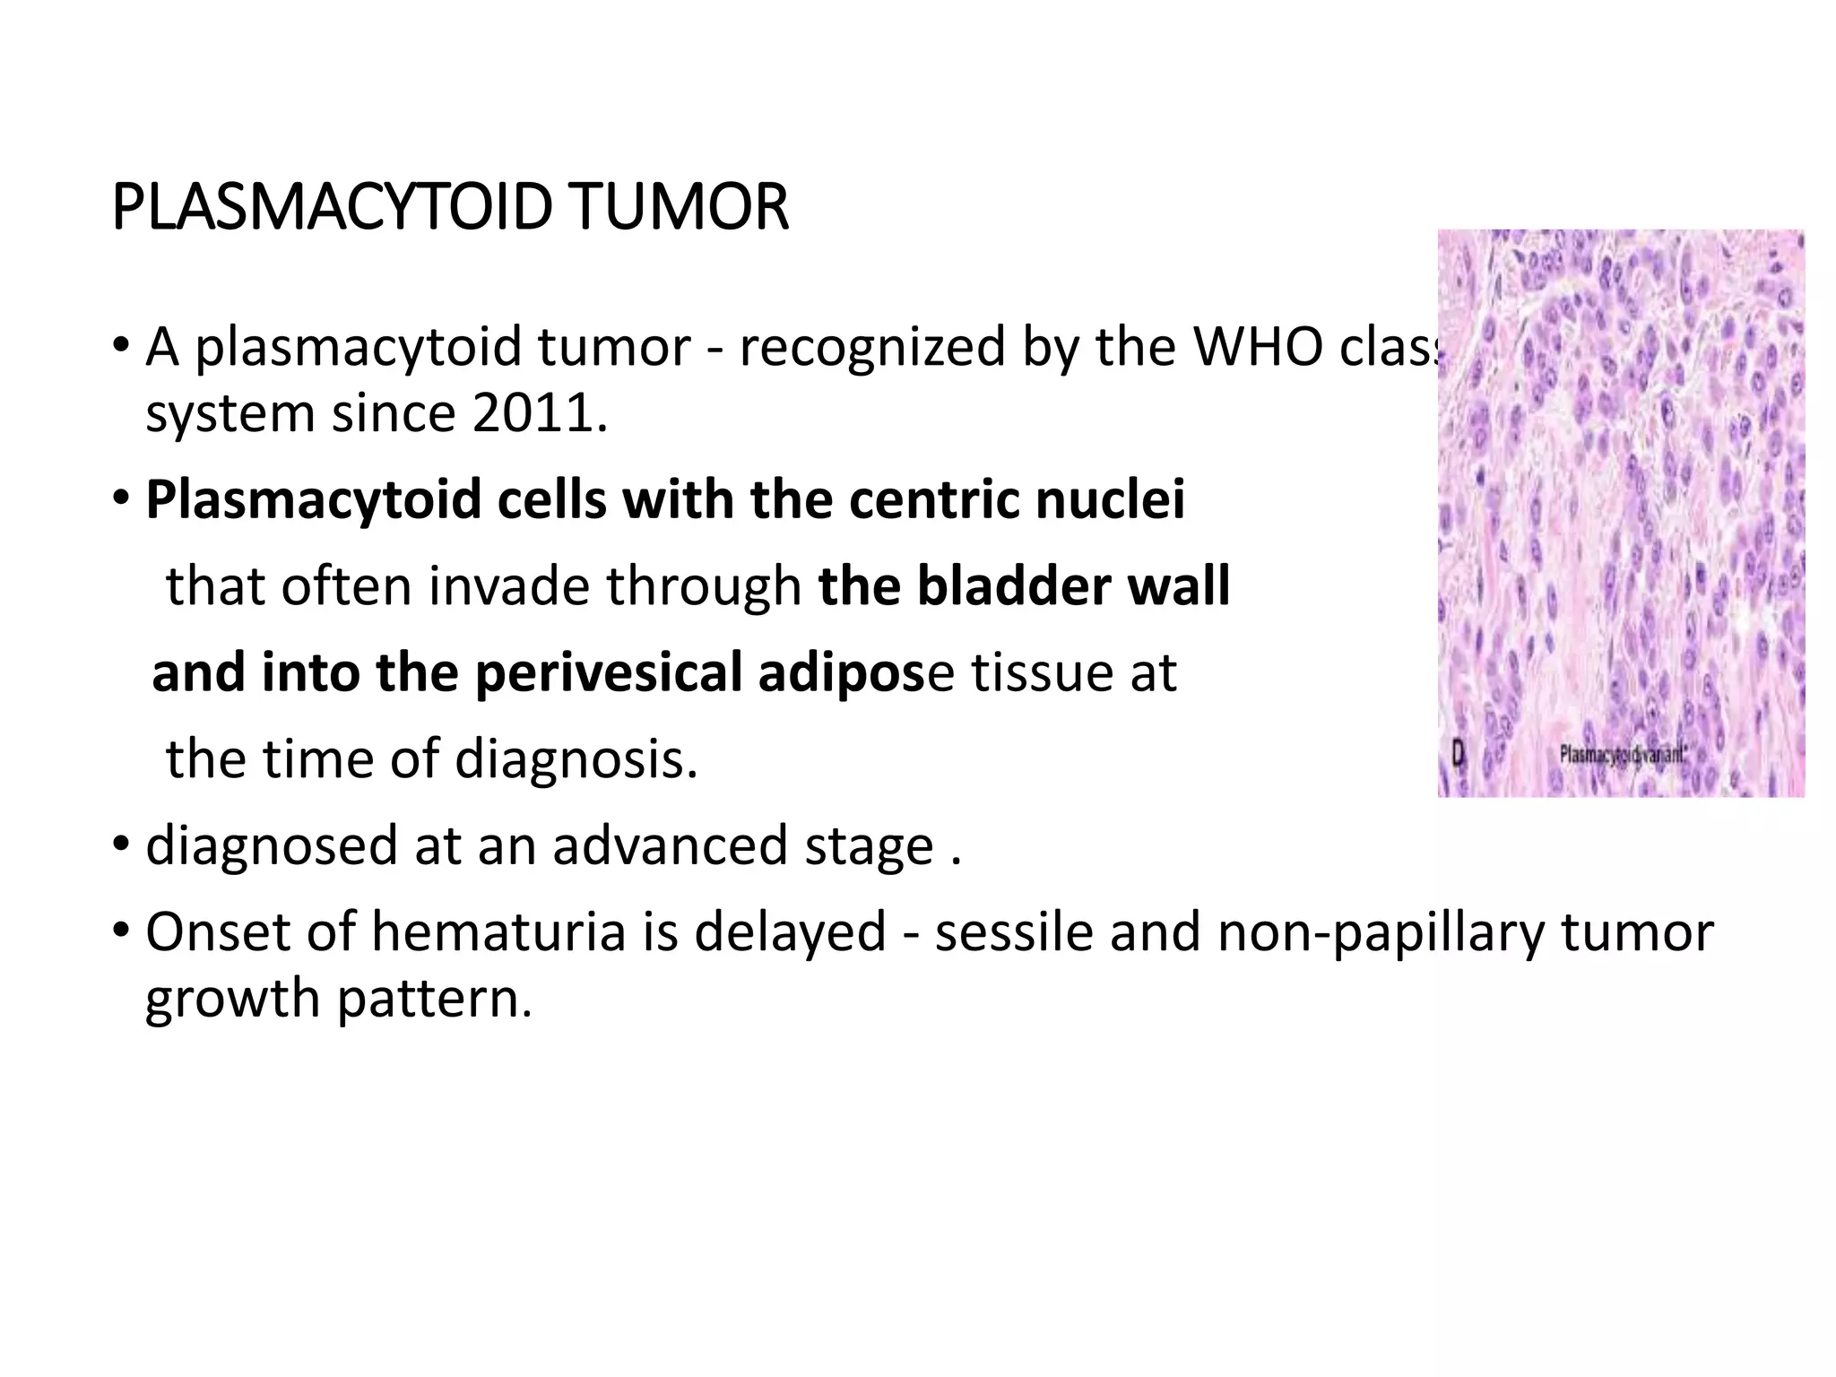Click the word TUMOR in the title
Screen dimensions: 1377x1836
677,208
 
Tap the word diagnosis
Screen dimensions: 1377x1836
575,758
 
